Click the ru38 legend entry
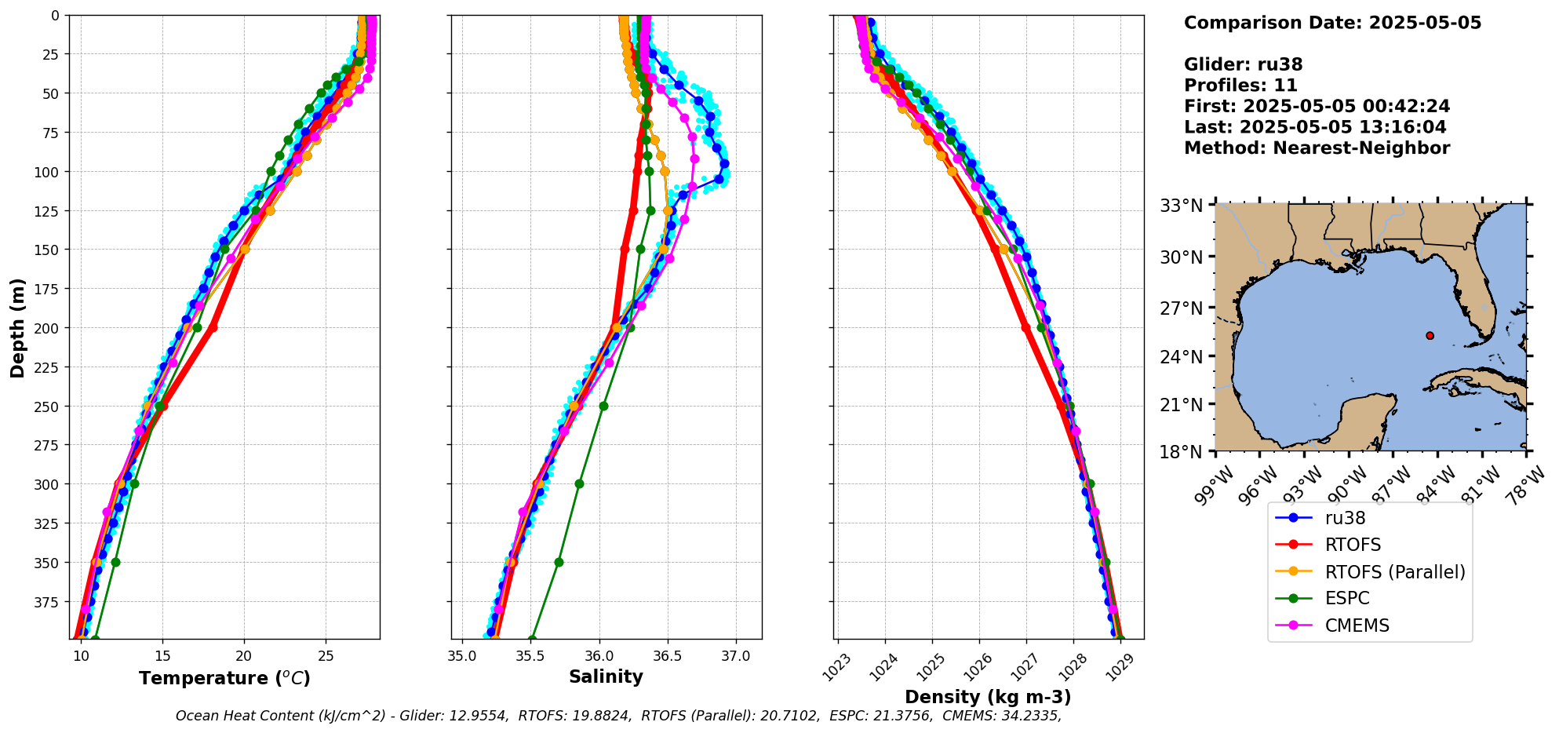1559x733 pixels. tap(1345, 518)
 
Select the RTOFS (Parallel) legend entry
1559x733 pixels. tap(1394, 572)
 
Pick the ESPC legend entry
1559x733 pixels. tap(1346, 598)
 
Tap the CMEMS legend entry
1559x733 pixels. tap(1357, 625)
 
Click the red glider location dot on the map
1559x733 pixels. tap(1430, 335)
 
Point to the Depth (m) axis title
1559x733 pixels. tap(17, 327)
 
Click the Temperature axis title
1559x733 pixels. tap(224, 678)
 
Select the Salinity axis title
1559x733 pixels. tap(606, 676)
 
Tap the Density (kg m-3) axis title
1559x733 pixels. tap(988, 697)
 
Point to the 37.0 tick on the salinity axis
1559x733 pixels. tap(735, 656)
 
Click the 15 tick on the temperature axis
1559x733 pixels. tap(162, 656)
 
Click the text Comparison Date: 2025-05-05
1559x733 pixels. tap(1332, 23)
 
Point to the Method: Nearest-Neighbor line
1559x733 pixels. tap(1317, 148)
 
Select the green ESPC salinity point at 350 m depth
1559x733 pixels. tap(559, 562)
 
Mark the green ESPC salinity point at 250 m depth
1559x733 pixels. tap(603, 406)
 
